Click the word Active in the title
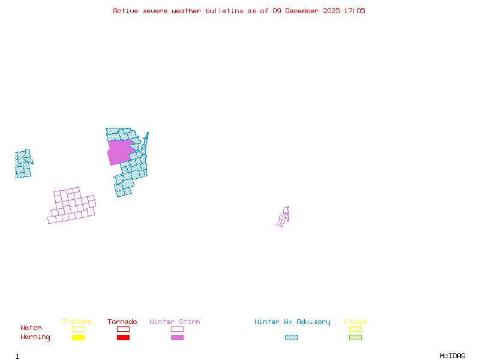[x=125, y=11]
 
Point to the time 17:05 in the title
[x=353, y=11]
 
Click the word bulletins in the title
[x=224, y=11]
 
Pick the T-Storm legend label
[x=77, y=322]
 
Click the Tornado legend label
[x=122, y=322]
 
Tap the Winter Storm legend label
[x=175, y=322]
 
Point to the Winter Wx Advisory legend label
[x=292, y=322]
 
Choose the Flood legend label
[x=355, y=322]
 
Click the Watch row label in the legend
[x=31, y=328]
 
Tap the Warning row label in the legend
[x=35, y=337]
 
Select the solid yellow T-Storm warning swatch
[x=78, y=337]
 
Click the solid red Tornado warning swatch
[x=123, y=337]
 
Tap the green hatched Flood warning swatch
[x=355, y=337]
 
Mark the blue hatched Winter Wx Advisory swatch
[x=291, y=337]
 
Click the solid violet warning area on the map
[x=120, y=151]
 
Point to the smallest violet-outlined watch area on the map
[x=283, y=217]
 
